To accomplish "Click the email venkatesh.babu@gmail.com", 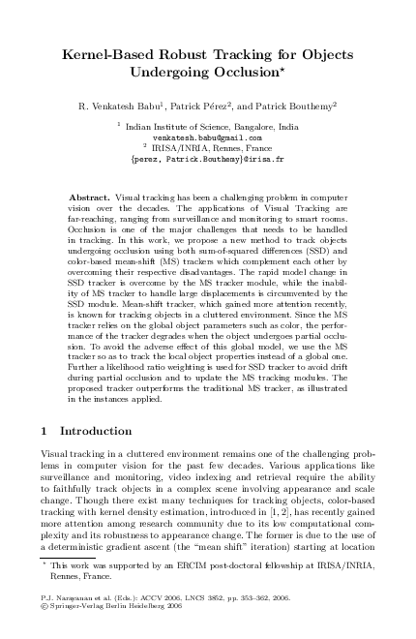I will pyautogui.click(x=208, y=138).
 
